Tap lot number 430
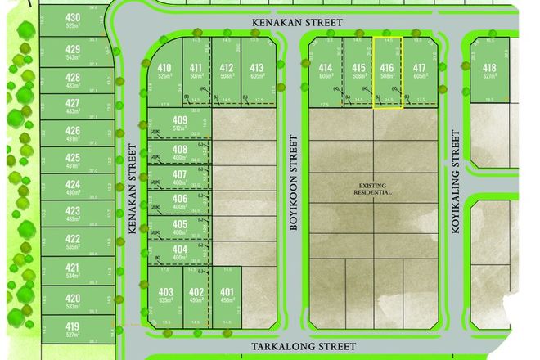(72, 20)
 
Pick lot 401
(227, 296)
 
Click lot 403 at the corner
(166, 296)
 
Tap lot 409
(181, 124)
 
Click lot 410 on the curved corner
(164, 72)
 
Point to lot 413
(257, 72)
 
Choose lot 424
(72, 187)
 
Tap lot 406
(180, 201)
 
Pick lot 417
(420, 72)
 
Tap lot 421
(72, 272)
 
